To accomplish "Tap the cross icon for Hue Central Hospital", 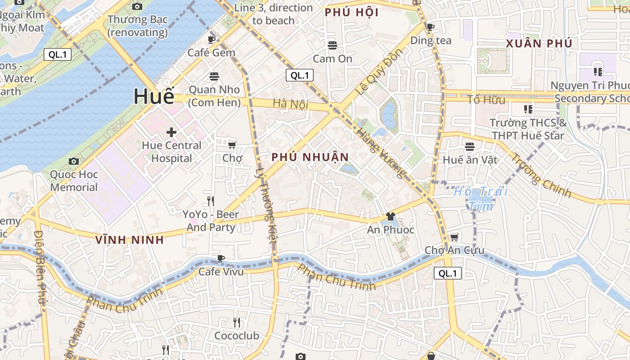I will click(x=171, y=132).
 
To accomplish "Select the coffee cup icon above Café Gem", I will click(x=211, y=40).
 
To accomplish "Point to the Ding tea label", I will click(x=431, y=40).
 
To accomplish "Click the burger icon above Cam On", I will click(x=333, y=45).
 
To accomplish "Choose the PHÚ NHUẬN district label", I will click(x=310, y=157).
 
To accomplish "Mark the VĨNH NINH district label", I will click(x=130, y=240).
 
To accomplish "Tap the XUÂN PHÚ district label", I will click(x=539, y=44).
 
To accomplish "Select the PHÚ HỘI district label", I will click(x=351, y=13).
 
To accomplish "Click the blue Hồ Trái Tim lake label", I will click(x=481, y=198).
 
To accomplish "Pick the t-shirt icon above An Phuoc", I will click(x=390, y=217).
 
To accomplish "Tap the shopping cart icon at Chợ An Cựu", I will click(x=454, y=237).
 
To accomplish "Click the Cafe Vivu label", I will click(x=221, y=271).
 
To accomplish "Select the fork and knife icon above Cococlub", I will click(x=237, y=322).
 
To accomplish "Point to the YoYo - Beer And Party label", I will click(x=211, y=220).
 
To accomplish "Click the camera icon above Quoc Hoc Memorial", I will click(x=74, y=161).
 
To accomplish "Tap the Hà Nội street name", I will click(x=290, y=103).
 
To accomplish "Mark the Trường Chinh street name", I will click(x=541, y=176).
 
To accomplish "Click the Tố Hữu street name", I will click(x=486, y=99).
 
